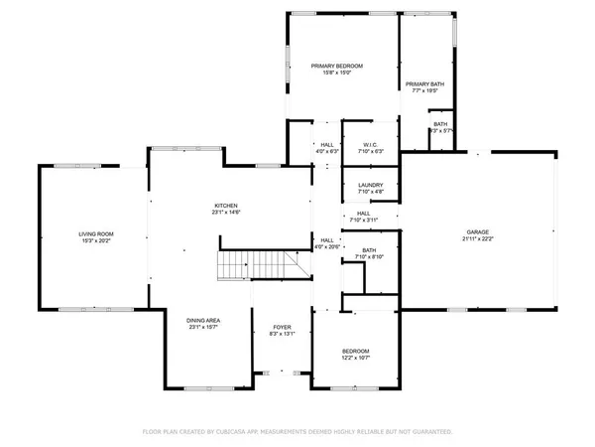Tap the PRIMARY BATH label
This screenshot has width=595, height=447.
click(423, 84)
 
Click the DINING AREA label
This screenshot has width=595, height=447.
click(204, 320)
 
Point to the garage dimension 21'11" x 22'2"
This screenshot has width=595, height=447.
click(478, 239)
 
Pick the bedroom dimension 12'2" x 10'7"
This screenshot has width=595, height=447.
click(356, 358)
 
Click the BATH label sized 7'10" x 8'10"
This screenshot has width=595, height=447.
click(370, 250)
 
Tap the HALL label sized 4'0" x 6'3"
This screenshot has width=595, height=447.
click(326, 145)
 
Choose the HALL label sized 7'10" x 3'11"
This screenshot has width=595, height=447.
click(364, 213)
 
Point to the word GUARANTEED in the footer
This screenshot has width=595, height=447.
click(432, 432)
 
